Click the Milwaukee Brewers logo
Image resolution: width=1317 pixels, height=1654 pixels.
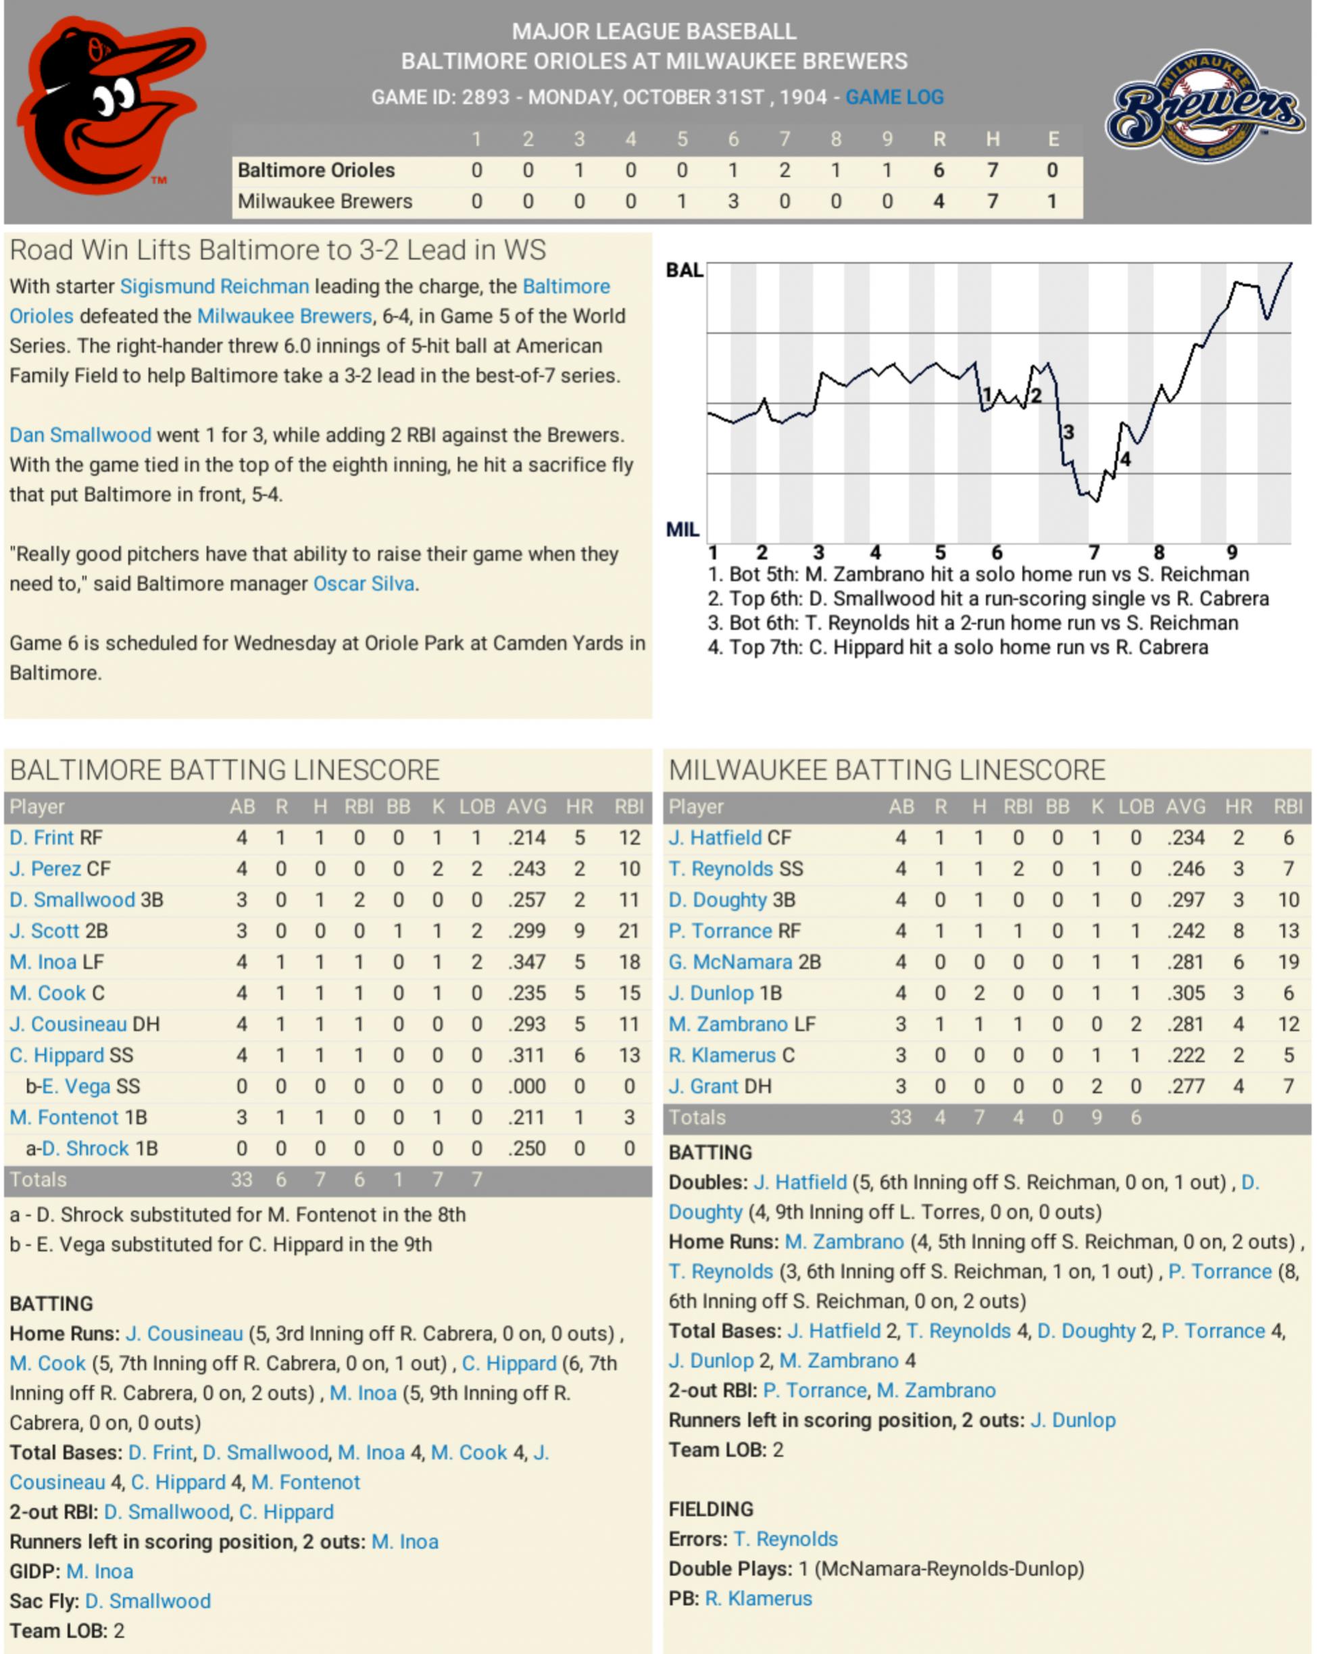coord(1205,107)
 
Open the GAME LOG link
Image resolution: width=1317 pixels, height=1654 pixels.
coord(895,97)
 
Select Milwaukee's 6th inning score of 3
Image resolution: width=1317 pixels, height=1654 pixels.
coord(733,201)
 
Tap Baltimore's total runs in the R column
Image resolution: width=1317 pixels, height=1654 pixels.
coord(938,170)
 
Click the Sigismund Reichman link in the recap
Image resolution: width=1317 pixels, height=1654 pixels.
coord(214,287)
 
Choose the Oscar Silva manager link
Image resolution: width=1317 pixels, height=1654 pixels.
coord(364,584)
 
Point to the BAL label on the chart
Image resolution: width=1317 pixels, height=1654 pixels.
coord(683,270)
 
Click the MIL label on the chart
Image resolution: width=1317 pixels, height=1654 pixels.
coord(682,529)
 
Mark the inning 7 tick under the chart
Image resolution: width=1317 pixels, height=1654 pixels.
coord(1094,552)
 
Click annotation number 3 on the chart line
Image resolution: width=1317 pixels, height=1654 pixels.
coord(1068,433)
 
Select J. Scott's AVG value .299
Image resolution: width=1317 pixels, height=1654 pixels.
coord(526,931)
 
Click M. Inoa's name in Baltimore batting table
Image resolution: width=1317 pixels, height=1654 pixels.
coord(43,962)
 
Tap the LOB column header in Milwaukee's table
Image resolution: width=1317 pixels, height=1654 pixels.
coord(1135,807)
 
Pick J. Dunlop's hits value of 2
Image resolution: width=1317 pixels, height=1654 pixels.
coord(978,994)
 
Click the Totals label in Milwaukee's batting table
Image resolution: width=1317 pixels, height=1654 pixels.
coord(697,1118)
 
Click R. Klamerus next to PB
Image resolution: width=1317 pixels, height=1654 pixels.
coord(757,1599)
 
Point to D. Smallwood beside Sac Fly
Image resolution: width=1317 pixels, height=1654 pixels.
coord(147,1601)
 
